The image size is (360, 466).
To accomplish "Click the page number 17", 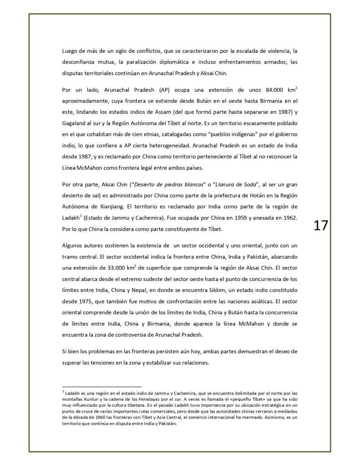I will [x=321, y=225].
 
